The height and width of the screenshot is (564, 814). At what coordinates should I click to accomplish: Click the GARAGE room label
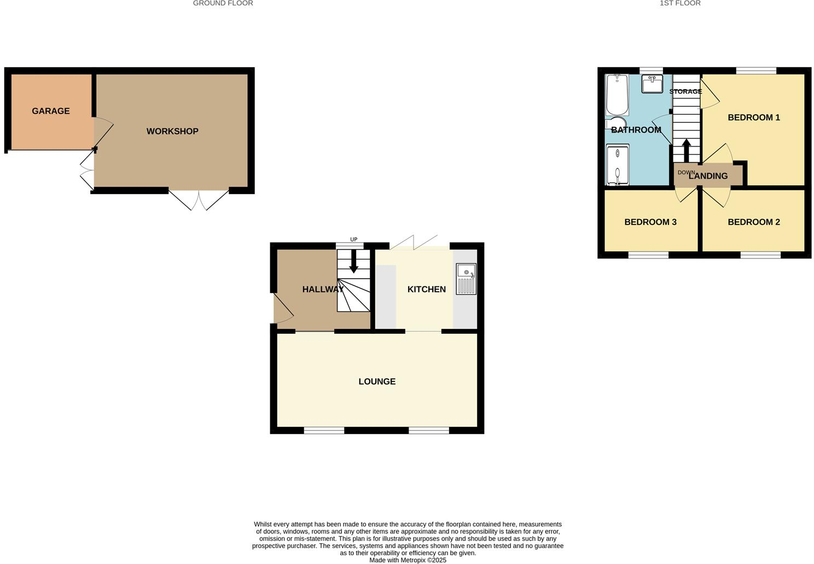51,111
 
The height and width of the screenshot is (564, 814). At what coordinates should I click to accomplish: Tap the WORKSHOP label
172,131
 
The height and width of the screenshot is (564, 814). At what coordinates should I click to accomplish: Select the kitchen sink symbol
466,279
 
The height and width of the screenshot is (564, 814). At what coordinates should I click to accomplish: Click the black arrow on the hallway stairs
353,262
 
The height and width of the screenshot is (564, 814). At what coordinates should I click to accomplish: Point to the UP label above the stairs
353,239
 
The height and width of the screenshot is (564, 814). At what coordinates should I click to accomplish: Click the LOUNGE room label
377,381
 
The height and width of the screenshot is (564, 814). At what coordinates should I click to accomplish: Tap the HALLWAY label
323,289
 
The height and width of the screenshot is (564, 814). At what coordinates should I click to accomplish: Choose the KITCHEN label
426,289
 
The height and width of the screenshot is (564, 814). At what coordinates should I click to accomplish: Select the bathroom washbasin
652,85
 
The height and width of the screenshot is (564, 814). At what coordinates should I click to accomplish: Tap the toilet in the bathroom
617,124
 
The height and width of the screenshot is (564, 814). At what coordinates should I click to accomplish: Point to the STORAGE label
685,91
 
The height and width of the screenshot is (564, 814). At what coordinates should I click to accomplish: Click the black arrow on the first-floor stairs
686,150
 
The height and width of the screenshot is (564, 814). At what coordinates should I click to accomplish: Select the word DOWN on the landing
686,173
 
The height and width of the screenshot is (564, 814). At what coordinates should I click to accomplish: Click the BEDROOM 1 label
753,117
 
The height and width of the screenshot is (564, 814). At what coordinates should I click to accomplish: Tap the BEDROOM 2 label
753,222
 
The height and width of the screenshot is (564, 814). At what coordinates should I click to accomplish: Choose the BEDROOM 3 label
650,222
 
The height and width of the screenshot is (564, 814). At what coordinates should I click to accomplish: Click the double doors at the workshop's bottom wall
199,200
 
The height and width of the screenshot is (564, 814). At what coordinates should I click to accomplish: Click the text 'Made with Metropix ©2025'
408,560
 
